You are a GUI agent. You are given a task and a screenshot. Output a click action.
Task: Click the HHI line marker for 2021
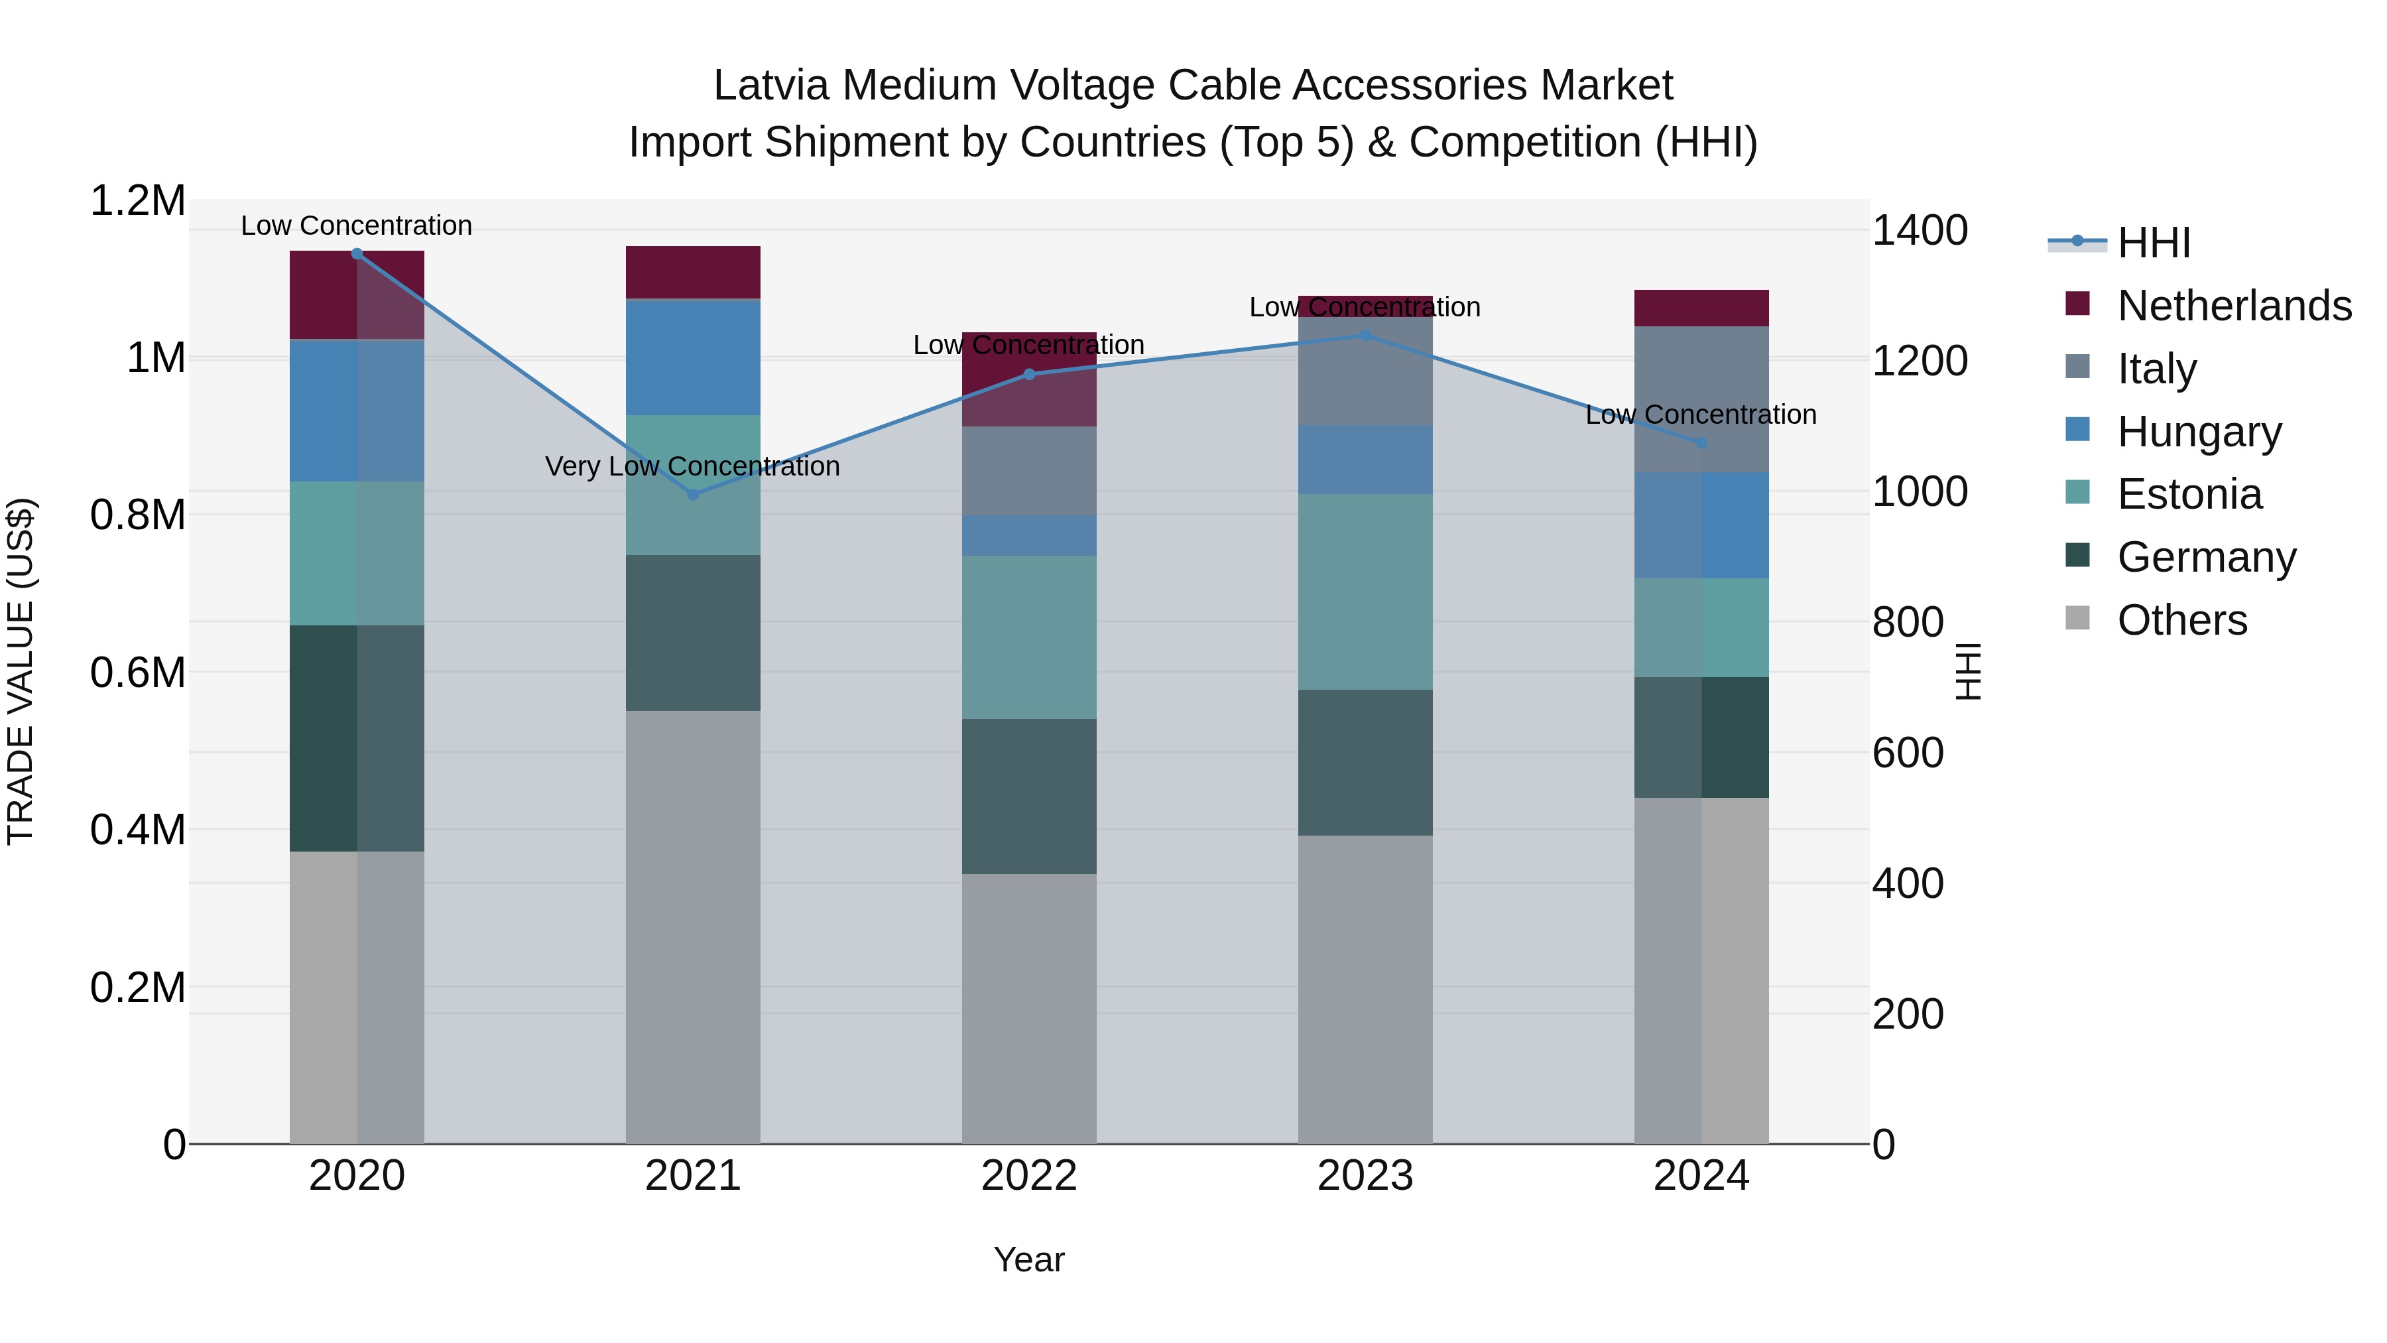coord(693,494)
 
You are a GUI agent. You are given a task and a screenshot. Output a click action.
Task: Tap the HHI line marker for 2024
coord(1701,443)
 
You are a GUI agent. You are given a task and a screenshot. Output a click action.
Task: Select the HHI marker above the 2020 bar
coord(357,253)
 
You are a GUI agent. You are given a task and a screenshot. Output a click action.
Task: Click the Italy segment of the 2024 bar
coord(1701,399)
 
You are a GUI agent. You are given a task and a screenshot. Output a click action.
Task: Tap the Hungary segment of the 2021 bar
coord(693,357)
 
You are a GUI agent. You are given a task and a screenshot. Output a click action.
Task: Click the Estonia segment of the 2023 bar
coord(1365,592)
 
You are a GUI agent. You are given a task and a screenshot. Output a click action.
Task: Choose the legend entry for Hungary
coord(2199,432)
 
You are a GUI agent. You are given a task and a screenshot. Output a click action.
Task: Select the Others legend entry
coord(2181,620)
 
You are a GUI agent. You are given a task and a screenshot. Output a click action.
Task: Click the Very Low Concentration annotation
coord(692,466)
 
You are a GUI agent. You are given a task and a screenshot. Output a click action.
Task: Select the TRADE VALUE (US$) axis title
coord(21,671)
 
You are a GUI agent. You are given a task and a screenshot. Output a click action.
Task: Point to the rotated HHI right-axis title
coord(1967,671)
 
